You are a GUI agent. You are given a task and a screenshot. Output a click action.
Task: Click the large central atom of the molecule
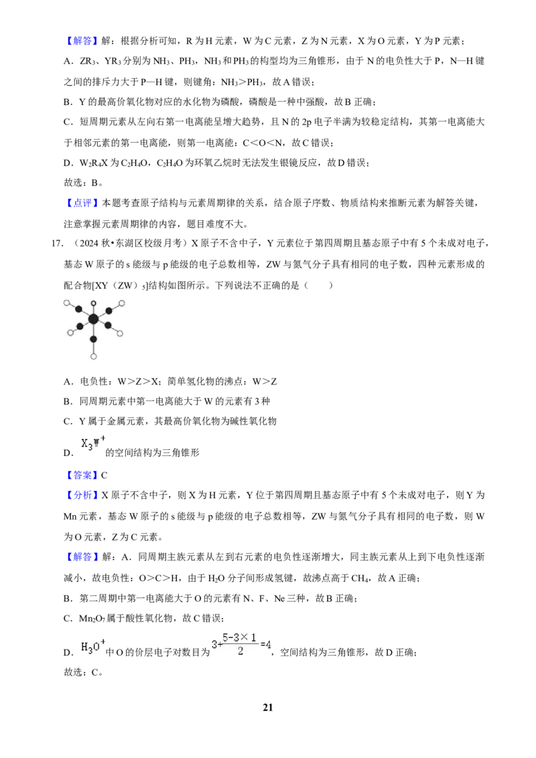(x=93, y=319)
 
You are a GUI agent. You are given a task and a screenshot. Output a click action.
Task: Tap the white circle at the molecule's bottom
(x=94, y=357)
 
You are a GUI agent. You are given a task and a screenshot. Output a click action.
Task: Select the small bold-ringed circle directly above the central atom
(x=94, y=303)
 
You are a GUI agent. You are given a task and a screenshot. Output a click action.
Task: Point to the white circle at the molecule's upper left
(x=67, y=303)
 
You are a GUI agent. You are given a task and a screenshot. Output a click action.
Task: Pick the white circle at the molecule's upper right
(x=121, y=303)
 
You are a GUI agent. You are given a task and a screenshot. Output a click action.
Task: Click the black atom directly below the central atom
(x=94, y=339)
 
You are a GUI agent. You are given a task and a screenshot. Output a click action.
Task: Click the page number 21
(x=268, y=707)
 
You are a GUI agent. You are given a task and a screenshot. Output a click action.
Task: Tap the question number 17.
(x=57, y=243)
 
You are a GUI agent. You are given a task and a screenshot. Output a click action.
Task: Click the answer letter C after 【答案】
(x=104, y=475)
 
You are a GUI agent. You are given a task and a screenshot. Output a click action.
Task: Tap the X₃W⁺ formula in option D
(x=93, y=443)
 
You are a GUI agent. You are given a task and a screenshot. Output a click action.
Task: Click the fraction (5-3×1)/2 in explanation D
(x=241, y=644)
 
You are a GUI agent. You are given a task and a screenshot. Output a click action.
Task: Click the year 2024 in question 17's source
(x=89, y=243)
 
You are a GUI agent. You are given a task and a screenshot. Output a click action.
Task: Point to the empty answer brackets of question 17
(x=318, y=285)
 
